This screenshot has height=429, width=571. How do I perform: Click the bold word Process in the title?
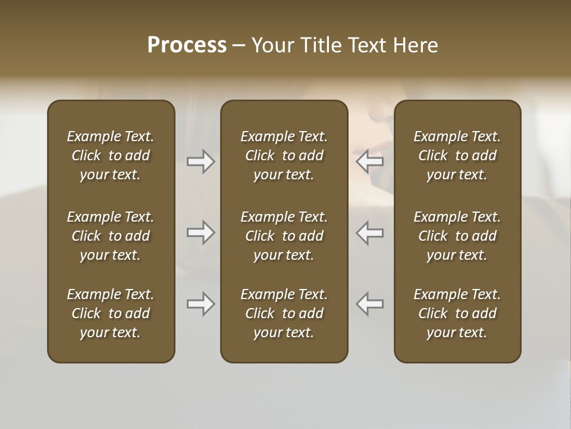pyautogui.click(x=187, y=45)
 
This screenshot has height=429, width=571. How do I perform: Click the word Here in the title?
pyautogui.click(x=416, y=45)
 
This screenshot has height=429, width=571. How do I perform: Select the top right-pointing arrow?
pyautogui.click(x=200, y=161)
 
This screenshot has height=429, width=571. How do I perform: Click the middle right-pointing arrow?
pyautogui.click(x=200, y=232)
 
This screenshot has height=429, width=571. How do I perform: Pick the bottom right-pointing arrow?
pyautogui.click(x=200, y=304)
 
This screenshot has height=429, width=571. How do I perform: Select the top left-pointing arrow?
pyautogui.click(x=370, y=161)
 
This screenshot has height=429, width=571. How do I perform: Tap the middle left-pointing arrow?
pyautogui.click(x=370, y=232)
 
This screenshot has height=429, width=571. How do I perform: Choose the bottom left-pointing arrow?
pyautogui.click(x=370, y=304)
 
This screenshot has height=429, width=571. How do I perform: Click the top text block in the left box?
pyautogui.click(x=111, y=156)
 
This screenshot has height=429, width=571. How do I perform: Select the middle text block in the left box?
pyautogui.click(x=111, y=236)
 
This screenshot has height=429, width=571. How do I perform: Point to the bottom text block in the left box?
pyautogui.click(x=111, y=313)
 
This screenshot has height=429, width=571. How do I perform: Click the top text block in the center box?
pyautogui.click(x=284, y=156)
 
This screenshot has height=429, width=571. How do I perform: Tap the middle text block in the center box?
pyautogui.click(x=284, y=236)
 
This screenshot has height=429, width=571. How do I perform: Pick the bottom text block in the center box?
pyautogui.click(x=284, y=313)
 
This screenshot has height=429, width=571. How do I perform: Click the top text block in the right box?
pyautogui.click(x=457, y=156)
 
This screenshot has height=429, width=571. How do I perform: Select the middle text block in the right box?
pyautogui.click(x=457, y=236)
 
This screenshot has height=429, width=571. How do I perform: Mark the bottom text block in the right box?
pyautogui.click(x=457, y=313)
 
